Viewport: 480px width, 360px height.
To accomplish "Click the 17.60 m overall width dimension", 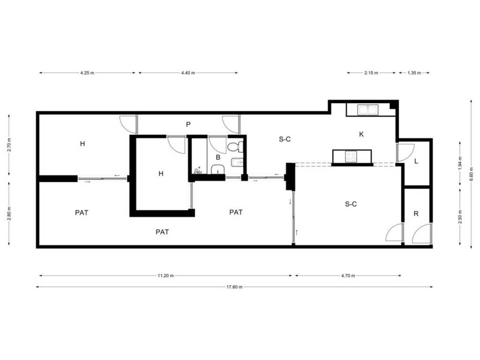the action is [x=234, y=287].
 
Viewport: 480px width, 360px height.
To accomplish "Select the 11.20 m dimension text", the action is [x=165, y=276].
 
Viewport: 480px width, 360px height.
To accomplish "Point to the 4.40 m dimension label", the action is [x=188, y=73].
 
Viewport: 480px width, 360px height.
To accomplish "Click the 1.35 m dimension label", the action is [x=414, y=73].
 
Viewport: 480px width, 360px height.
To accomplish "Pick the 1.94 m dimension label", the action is [x=460, y=164].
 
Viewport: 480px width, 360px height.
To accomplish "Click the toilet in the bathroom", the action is [x=235, y=147].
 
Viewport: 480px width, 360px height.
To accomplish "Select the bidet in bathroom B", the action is [x=236, y=161].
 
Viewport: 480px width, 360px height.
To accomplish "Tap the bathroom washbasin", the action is [x=217, y=169].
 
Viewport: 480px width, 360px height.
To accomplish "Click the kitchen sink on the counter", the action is [x=368, y=110].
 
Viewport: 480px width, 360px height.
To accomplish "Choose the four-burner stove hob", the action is [x=351, y=157].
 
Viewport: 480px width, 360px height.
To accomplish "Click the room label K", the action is [x=361, y=134].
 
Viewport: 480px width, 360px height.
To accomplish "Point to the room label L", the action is [x=416, y=161].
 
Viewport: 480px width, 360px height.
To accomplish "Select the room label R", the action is [x=416, y=214].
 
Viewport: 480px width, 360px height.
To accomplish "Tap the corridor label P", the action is [x=188, y=124].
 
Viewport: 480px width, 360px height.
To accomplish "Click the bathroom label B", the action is [x=218, y=157].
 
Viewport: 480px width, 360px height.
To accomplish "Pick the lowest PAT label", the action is [x=162, y=232].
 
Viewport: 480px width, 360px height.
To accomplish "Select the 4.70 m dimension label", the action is [x=348, y=276].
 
